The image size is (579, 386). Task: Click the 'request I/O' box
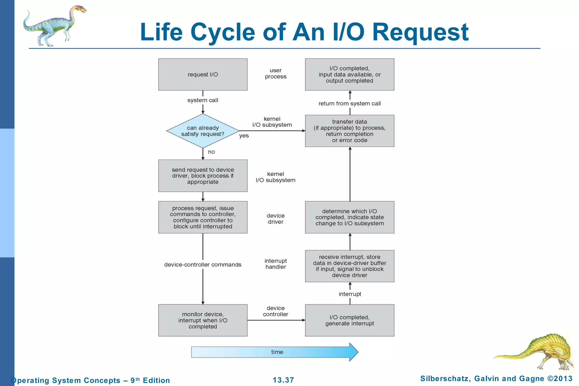pyautogui.click(x=203, y=74)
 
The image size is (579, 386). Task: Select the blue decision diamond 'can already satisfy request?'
pyautogui.click(x=203, y=131)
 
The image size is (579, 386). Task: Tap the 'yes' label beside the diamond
pyautogui.click(x=244, y=136)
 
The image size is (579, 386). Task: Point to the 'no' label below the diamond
pyautogui.click(x=211, y=152)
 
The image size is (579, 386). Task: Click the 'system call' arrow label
pyautogui.click(x=203, y=100)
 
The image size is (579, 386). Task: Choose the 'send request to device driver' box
pyautogui.click(x=203, y=176)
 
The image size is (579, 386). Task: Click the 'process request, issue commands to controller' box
pyautogui.click(x=203, y=217)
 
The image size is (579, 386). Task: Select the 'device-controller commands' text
pyautogui.click(x=203, y=265)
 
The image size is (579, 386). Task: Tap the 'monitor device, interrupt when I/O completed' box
pyautogui.click(x=203, y=320)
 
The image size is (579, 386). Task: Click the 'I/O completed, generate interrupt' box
pyautogui.click(x=349, y=320)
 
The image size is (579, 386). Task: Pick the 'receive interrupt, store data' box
pyautogui.click(x=349, y=266)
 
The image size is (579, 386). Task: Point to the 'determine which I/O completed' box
pyautogui.click(x=349, y=217)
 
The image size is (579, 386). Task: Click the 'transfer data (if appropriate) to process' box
pyautogui.click(x=349, y=131)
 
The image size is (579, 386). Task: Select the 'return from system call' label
pyautogui.click(x=349, y=103)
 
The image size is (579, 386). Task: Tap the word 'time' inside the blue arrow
pyautogui.click(x=277, y=352)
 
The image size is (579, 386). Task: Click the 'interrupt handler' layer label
pyautogui.click(x=276, y=264)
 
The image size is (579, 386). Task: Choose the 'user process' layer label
pyautogui.click(x=276, y=74)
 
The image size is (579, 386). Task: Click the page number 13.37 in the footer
pyautogui.click(x=283, y=380)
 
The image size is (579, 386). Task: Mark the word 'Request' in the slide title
pyautogui.click(x=420, y=33)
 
